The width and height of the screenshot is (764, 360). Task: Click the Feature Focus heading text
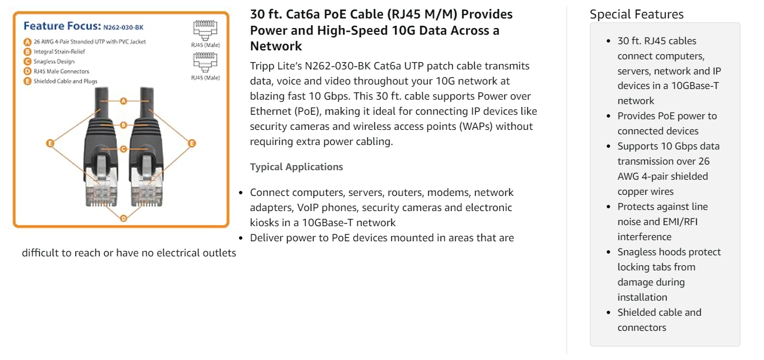pyautogui.click(x=62, y=26)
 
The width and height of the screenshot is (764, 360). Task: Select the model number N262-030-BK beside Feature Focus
pyautogui.click(x=124, y=27)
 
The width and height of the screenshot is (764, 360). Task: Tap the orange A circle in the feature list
pyautogui.click(x=27, y=42)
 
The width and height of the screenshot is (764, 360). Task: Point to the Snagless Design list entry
pyautogui.click(x=54, y=62)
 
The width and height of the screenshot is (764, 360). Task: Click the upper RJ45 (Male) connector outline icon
pyautogui.click(x=205, y=30)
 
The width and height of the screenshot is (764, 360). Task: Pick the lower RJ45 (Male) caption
pyautogui.click(x=205, y=78)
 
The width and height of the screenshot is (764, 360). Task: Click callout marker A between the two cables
pyautogui.click(x=124, y=101)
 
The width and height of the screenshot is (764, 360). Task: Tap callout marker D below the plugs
pyautogui.click(x=124, y=218)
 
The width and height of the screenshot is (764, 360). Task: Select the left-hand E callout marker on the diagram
pyautogui.click(x=50, y=143)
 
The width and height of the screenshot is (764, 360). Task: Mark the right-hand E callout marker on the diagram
pyautogui.click(x=191, y=143)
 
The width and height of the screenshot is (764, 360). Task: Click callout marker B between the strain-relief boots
pyautogui.click(x=124, y=125)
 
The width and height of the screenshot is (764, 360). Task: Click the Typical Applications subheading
pyautogui.click(x=297, y=167)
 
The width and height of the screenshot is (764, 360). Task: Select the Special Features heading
pyautogui.click(x=636, y=15)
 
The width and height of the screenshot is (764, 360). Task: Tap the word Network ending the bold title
pyautogui.click(x=276, y=46)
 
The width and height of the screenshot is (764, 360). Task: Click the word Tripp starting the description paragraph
pyautogui.click(x=263, y=66)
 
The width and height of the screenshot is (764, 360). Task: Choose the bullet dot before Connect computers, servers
pyautogui.click(x=241, y=193)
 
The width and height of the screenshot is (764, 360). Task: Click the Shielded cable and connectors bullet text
pyautogui.click(x=659, y=320)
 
